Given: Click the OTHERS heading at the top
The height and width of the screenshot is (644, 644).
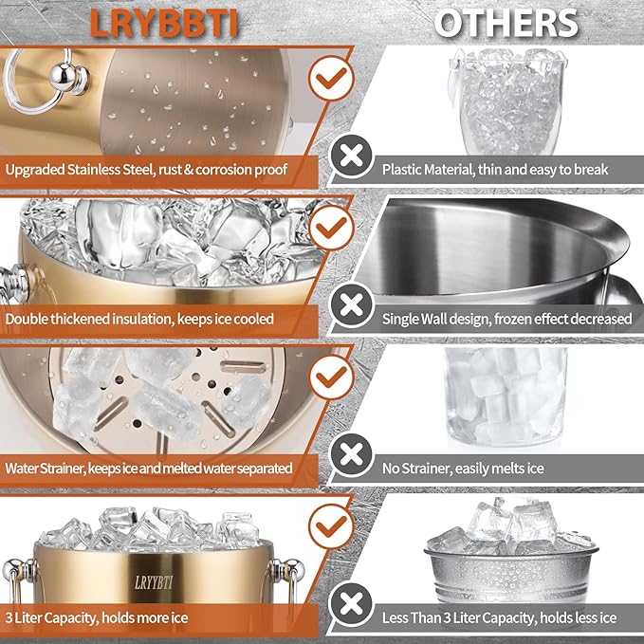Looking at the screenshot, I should tap(506, 23).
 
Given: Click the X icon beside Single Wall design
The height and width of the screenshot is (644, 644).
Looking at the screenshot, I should tap(350, 304).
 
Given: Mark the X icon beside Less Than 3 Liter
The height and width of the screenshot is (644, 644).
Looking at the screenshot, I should tap(350, 601).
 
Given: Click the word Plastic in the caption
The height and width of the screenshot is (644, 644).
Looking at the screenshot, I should tap(405, 171).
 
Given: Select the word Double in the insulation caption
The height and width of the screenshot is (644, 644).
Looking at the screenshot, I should tap(28, 320).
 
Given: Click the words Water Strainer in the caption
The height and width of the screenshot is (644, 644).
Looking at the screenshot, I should tap(51, 468).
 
